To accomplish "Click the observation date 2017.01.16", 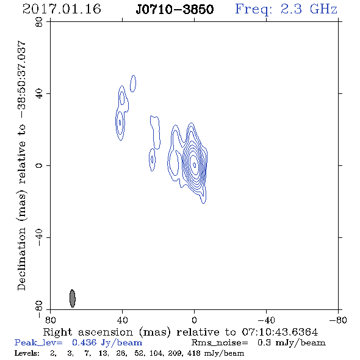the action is point(62,9).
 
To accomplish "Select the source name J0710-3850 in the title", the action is point(175,10).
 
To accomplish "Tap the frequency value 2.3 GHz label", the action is point(309,9).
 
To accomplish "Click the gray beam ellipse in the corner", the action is point(73,298).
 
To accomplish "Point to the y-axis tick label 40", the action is point(39,94).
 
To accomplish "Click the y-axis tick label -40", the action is point(39,237).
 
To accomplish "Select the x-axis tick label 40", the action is point(122,320).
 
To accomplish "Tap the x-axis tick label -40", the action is point(266,320).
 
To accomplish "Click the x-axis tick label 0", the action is point(194,320).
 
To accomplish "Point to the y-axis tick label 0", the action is point(39,165).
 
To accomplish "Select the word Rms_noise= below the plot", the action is point(220,343).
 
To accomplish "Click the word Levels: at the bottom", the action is point(27,353).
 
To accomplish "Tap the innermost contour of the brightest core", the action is point(195,165).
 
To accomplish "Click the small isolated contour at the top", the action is point(133,84).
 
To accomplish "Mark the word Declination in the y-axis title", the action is point(21,259).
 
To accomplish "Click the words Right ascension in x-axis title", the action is point(88,332).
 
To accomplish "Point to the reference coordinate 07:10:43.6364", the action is point(280,332).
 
